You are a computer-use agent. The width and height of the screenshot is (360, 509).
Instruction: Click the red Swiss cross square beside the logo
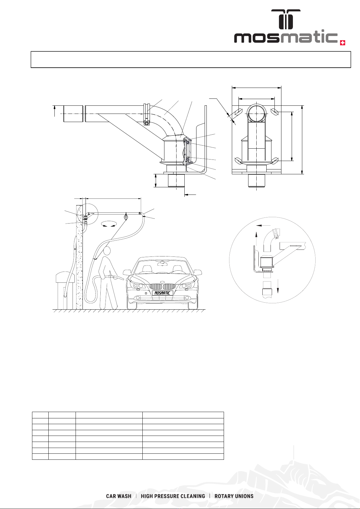pos(342,43)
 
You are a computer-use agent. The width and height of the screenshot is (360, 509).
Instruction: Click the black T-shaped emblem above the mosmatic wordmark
pos(286,19)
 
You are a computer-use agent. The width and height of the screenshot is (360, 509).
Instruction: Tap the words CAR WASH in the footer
pos(119,496)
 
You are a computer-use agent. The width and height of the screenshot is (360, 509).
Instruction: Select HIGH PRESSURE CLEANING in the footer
pos(173,496)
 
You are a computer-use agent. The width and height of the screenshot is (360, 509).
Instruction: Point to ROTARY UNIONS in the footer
pos(234,496)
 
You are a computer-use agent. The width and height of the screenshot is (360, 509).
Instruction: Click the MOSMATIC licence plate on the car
pos(162,293)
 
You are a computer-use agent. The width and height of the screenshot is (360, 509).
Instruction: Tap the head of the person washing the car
pos(107,251)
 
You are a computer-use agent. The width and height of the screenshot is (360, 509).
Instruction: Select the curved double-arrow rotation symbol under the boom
pos(109,224)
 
